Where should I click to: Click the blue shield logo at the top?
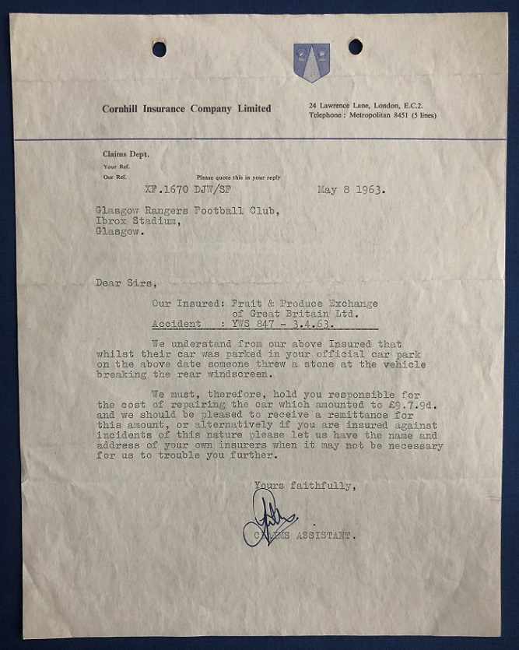click(311, 62)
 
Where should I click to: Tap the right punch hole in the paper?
click(355, 47)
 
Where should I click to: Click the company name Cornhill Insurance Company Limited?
click(186, 109)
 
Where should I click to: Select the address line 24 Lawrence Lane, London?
click(363, 105)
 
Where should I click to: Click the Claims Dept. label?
click(125, 154)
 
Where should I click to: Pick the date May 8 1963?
click(351, 189)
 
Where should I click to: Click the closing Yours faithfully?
click(305, 487)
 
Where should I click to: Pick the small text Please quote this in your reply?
click(238, 177)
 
